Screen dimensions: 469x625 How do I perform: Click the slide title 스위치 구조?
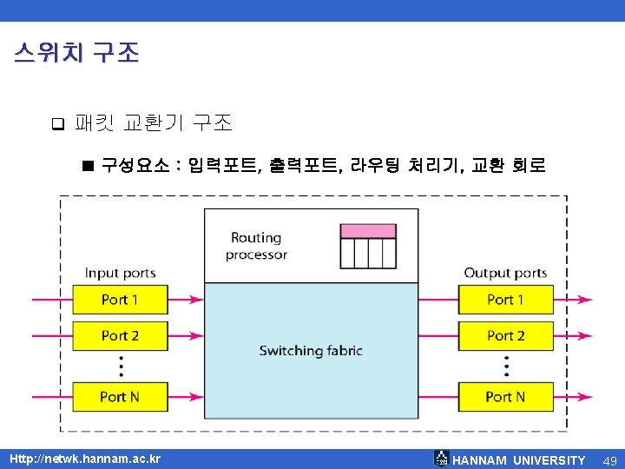76,53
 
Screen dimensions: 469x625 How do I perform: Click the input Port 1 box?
120,300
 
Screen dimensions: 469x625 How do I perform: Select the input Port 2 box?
120,335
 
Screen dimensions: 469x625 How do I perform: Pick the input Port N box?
120,396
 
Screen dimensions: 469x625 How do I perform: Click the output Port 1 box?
505,300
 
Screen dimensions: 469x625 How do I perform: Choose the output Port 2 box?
505,335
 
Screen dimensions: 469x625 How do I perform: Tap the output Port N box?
505,396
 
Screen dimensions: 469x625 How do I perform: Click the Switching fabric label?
310,351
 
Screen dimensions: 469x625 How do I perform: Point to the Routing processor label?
255,246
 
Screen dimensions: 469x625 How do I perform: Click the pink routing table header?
367,231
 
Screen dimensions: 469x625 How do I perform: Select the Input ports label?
120,273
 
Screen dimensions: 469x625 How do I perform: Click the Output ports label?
505,273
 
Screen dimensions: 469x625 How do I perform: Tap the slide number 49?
609,459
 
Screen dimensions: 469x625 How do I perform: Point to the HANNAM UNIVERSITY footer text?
519,459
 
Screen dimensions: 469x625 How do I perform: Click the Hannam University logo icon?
442,459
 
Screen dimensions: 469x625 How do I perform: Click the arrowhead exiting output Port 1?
589,301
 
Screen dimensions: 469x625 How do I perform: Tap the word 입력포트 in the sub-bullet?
223,164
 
